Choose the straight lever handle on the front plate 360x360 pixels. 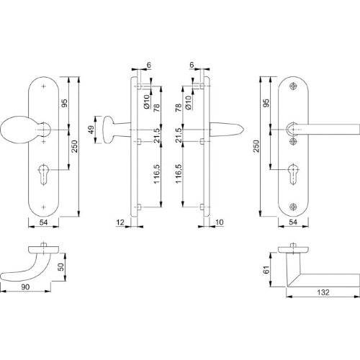tap(324, 130)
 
